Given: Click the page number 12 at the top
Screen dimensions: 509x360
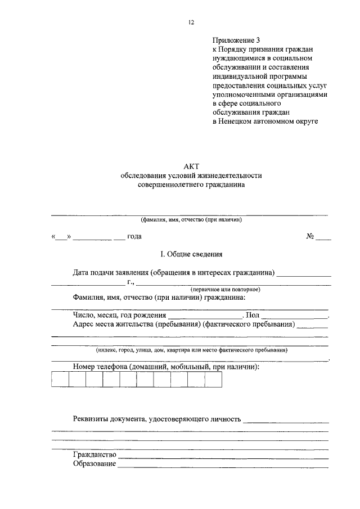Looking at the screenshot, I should coord(191,22).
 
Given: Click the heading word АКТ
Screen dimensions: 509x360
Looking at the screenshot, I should coord(191,166).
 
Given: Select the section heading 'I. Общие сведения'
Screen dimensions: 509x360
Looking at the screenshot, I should coord(191,254).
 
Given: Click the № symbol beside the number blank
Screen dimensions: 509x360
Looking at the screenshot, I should coord(310,237).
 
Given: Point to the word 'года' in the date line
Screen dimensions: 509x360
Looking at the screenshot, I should coord(134,237).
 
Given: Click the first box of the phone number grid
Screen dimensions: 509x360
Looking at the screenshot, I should coord(60,380).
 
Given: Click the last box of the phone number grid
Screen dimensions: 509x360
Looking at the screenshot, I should coord(213,380).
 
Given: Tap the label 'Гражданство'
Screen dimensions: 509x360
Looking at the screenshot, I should coord(94,454).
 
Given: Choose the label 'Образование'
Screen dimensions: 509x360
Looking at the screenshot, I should coord(94,464).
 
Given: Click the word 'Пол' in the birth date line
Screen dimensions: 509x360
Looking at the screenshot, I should coord(253,316).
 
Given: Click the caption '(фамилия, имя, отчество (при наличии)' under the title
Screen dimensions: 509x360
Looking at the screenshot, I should coord(191,220).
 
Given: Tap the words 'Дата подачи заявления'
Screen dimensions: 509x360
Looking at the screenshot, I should coord(111,273).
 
